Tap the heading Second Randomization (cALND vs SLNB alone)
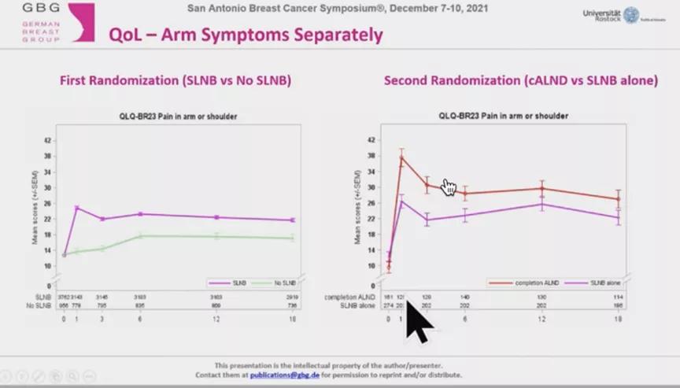click(x=520, y=81)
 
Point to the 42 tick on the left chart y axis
click(x=48, y=141)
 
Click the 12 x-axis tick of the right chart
click(x=541, y=318)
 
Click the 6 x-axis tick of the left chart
click(x=140, y=318)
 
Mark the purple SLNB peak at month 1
click(x=76, y=208)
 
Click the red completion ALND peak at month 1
click(x=401, y=157)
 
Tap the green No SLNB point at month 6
click(x=140, y=235)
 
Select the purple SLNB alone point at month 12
click(x=541, y=205)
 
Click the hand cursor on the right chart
click(x=449, y=187)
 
